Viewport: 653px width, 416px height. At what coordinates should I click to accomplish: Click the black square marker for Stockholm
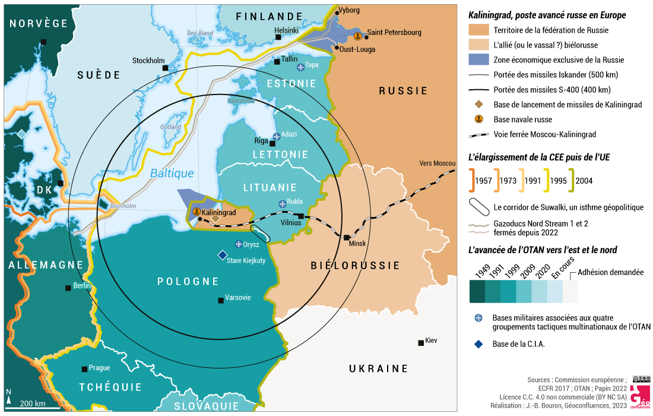pyautogui.click(x=166, y=68)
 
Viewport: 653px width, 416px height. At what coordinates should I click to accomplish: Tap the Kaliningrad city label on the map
pyautogui.click(x=219, y=212)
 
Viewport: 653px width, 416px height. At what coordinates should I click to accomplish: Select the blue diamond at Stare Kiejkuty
pyautogui.click(x=222, y=255)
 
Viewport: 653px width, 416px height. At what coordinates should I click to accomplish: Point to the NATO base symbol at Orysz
pyautogui.click(x=239, y=244)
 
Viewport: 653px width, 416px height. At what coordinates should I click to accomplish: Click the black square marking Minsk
pyautogui.click(x=347, y=238)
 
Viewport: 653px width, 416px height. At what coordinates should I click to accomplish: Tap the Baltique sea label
pyautogui.click(x=172, y=174)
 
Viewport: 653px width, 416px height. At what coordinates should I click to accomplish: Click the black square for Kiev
pyautogui.click(x=420, y=342)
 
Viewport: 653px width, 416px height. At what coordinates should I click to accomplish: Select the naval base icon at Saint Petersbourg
pyautogui.click(x=357, y=36)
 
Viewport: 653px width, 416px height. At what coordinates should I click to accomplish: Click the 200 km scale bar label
pyautogui.click(x=33, y=404)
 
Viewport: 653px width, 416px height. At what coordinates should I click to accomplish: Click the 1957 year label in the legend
pyautogui.click(x=484, y=181)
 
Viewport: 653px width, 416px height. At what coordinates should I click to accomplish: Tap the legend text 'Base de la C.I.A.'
pyautogui.click(x=519, y=343)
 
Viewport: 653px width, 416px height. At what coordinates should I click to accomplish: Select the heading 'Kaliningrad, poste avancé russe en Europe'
pyautogui.click(x=547, y=15)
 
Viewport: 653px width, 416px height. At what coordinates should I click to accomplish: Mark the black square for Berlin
pyautogui.click(x=68, y=288)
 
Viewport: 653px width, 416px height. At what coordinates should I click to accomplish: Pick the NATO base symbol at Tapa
pyautogui.click(x=300, y=67)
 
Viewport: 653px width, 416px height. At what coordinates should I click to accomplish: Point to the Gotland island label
pyautogui.click(x=170, y=127)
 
